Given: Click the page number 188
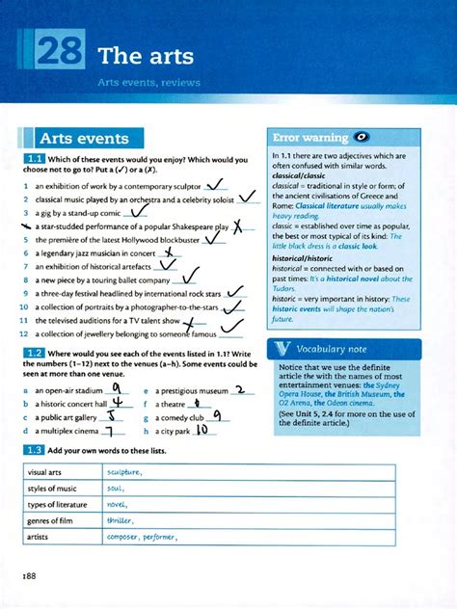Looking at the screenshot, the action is [x=29, y=575].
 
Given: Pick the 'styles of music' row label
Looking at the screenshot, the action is [x=54, y=489].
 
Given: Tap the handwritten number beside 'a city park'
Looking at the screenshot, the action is [x=202, y=431].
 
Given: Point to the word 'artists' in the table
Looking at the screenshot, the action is [x=39, y=537].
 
